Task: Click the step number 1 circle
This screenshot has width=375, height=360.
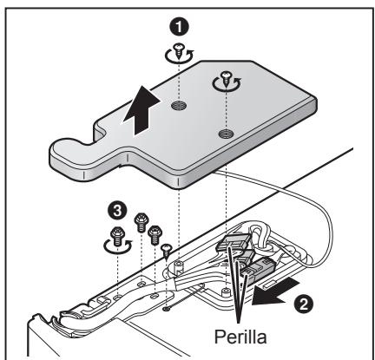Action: tap(179, 28)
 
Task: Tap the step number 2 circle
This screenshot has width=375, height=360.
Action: tap(304, 304)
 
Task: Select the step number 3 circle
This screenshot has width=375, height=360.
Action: tap(116, 212)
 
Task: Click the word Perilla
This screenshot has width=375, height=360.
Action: tap(240, 337)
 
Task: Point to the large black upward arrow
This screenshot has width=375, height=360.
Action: tap(141, 110)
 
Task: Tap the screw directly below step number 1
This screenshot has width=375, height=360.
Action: tap(179, 51)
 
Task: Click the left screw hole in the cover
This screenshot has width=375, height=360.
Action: tap(178, 106)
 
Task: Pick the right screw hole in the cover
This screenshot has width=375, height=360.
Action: tap(226, 134)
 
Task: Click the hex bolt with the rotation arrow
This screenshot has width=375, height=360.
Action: tap(118, 236)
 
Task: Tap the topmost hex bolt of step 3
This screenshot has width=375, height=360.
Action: tap(141, 222)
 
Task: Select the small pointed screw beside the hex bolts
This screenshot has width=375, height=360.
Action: tap(167, 251)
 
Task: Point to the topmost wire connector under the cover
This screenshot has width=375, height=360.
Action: tap(234, 243)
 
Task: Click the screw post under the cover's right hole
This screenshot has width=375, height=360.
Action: tap(225, 291)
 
